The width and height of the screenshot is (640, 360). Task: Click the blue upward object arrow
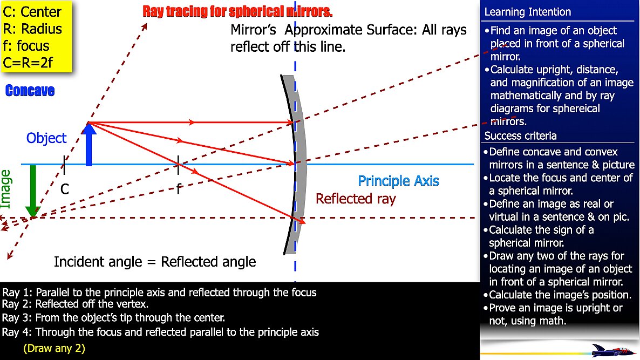(88, 145)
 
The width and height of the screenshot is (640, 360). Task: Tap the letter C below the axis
(65, 189)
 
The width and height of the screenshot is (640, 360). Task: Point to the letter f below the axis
(179, 188)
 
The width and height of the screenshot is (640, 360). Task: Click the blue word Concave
(30, 91)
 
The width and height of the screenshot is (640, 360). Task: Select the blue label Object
(46, 138)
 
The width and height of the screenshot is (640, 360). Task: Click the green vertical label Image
(6, 189)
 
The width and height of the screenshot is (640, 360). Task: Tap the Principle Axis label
(398, 181)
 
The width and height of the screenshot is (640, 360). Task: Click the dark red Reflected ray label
(356, 199)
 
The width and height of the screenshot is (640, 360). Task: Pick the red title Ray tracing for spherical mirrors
(237, 11)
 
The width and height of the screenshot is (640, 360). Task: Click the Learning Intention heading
(527, 12)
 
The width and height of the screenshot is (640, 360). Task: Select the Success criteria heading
(520, 135)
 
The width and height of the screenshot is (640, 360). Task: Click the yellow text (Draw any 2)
(55, 348)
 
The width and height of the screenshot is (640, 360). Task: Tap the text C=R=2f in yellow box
(28, 63)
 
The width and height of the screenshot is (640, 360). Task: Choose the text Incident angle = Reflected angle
(155, 262)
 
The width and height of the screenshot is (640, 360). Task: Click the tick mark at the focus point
(178, 165)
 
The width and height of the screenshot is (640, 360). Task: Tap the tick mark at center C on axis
(64, 165)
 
